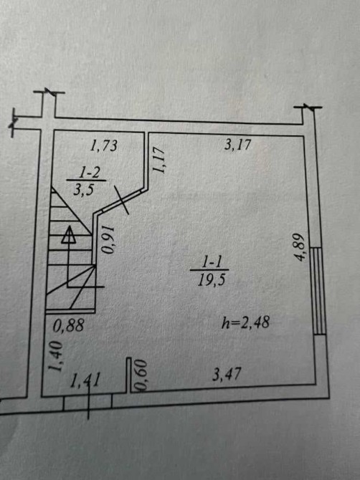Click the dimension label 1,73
(x=103, y=145)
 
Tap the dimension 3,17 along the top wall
(x=237, y=144)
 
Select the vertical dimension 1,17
(x=159, y=159)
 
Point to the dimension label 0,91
(x=108, y=240)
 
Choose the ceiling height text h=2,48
(x=245, y=322)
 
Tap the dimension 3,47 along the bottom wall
(x=227, y=375)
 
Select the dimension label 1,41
(x=85, y=381)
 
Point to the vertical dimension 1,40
(x=56, y=357)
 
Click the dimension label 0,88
(x=68, y=325)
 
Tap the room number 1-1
(x=209, y=262)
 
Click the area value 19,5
(x=212, y=279)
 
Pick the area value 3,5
(x=83, y=190)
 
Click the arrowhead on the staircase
(x=69, y=235)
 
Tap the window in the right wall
(x=318, y=291)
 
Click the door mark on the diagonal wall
(x=121, y=199)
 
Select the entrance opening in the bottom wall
(x=87, y=403)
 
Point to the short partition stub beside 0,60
(x=128, y=375)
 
